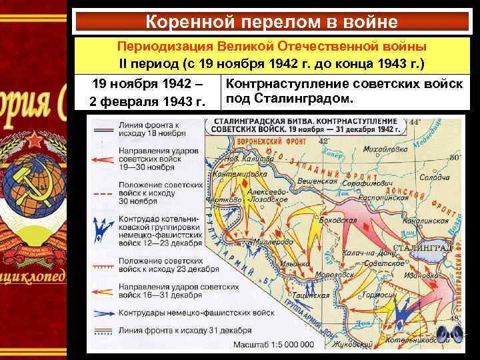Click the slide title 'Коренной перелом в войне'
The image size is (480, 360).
coord(271,22)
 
